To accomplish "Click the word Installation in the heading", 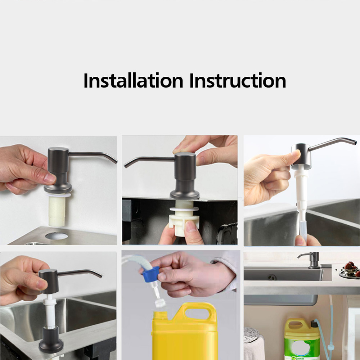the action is pyautogui.click(x=133, y=80).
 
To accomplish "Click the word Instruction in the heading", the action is pyautogui.click(x=238, y=80).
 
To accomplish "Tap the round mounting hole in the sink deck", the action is pyautogui.click(x=57, y=236).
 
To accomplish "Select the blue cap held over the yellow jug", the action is pyautogui.click(x=150, y=274).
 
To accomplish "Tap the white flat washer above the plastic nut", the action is pyautogui.click(x=184, y=209).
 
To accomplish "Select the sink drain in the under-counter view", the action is pyautogui.click(x=272, y=277).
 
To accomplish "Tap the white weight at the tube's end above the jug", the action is pyautogui.click(x=160, y=303).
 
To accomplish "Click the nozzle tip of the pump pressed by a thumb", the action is pyautogui.click(x=355, y=143).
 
